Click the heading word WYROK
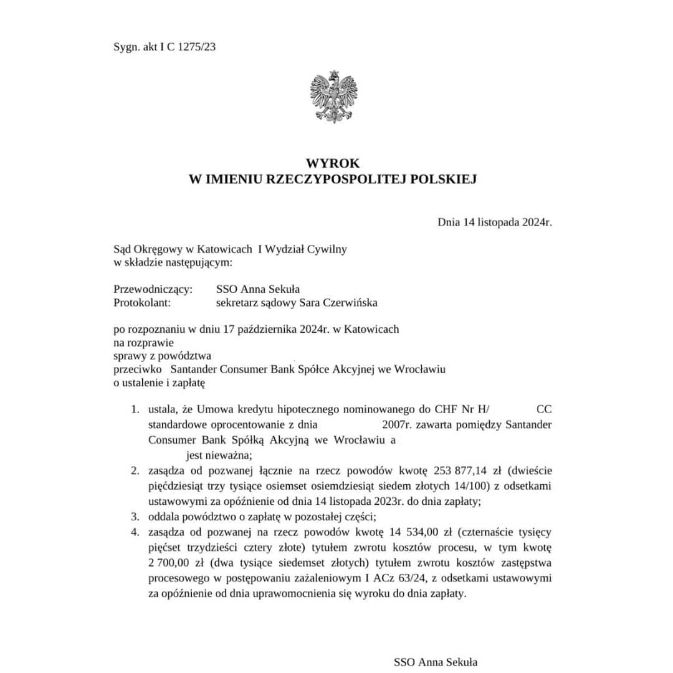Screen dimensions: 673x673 (x=337, y=163)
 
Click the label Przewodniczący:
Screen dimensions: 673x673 (x=153, y=289)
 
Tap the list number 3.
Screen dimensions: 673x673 (x=133, y=517)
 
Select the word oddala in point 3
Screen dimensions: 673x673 (x=165, y=517)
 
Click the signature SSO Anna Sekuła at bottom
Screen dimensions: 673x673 (x=436, y=662)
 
